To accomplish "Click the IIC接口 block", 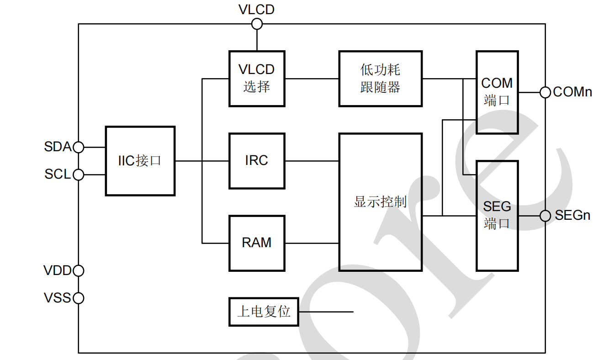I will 140,161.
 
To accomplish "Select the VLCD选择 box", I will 257,78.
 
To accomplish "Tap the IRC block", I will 257,161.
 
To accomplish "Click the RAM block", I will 257,243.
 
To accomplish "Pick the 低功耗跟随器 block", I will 380,78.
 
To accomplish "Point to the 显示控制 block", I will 380,202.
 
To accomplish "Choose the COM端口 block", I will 497,92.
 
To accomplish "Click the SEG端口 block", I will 497,215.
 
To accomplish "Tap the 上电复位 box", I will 264,312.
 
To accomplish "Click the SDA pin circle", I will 79,147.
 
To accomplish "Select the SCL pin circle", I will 79,175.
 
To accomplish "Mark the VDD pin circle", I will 79,270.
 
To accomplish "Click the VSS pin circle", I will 79,298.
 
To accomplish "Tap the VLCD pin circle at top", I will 257,24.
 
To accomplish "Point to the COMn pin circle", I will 545,92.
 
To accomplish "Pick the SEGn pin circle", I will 545,216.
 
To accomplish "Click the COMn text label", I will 572,92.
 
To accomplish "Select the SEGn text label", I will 572,216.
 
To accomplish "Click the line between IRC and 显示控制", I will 312,161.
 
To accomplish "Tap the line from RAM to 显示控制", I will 312,243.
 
